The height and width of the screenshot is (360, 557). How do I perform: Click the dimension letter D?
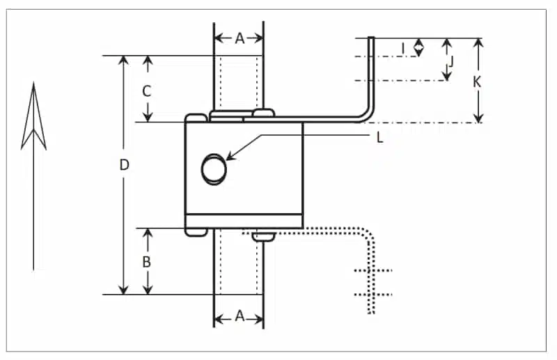point(124,165)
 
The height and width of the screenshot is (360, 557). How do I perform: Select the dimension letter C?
point(147,91)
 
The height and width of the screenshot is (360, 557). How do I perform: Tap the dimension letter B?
point(147,262)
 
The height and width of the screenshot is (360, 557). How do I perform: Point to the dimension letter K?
point(477,81)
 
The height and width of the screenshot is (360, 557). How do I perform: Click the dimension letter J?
point(450,61)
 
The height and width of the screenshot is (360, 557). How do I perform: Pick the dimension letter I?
point(403,47)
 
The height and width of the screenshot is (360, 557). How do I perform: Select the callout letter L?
point(379,138)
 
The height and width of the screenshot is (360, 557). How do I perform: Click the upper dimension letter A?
point(239,39)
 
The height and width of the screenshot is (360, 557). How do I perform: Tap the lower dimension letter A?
point(239,317)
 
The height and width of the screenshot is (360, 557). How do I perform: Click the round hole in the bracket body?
point(213,169)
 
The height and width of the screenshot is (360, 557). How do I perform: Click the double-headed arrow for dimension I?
point(418,47)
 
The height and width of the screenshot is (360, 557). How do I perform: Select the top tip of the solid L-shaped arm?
point(372,39)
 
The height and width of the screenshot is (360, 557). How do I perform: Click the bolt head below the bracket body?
point(262,237)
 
